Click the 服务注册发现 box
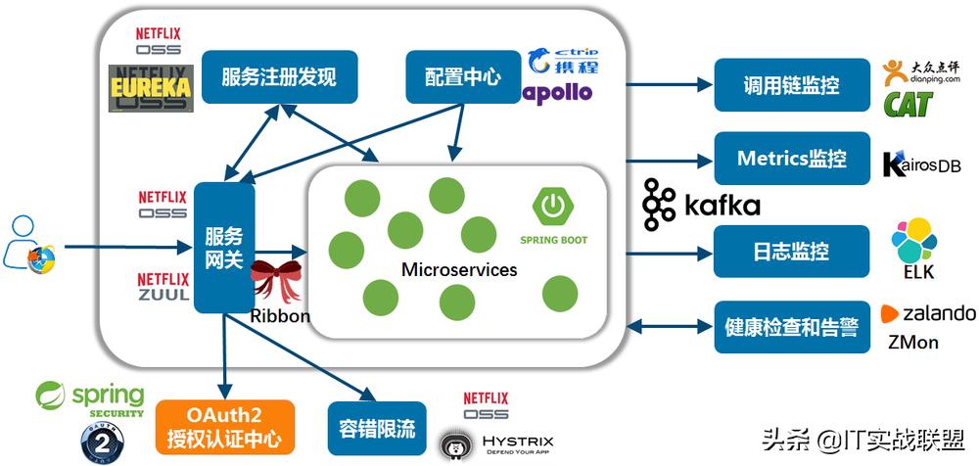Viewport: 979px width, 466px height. coord(279,77)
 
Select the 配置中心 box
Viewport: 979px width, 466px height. coord(463,77)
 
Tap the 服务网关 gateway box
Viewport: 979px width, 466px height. coord(224,248)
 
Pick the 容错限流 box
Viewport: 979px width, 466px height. coord(377,428)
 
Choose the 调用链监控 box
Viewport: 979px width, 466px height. coord(791,85)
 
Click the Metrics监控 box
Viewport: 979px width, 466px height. coord(791,158)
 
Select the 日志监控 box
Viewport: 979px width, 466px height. coord(791,251)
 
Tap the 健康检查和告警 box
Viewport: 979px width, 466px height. coord(791,326)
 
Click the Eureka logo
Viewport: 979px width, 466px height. coord(150,87)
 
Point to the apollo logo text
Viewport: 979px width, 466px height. coord(558,92)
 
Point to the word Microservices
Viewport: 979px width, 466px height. coord(458,269)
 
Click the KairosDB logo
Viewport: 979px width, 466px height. coord(921,164)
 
